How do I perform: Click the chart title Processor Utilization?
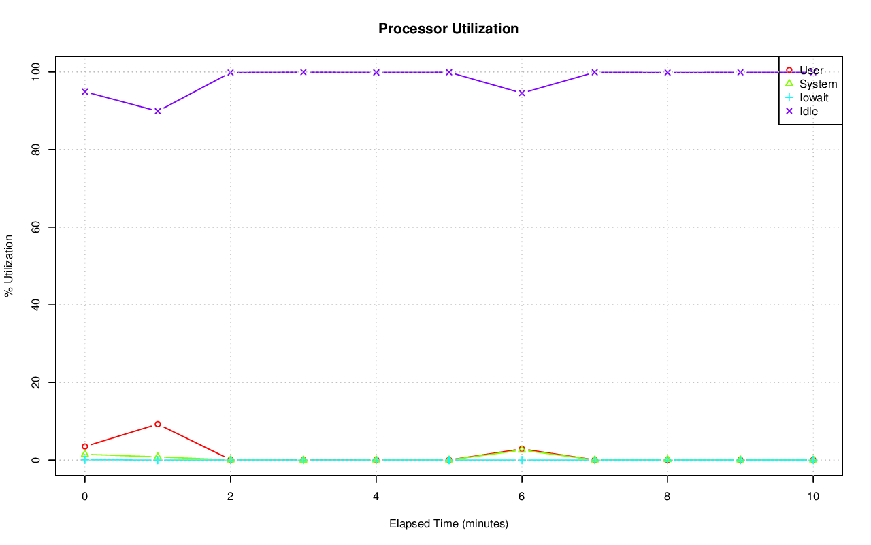click(448, 29)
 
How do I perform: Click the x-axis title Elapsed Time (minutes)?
click(448, 524)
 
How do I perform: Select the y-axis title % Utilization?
click(10, 265)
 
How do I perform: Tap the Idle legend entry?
click(808, 111)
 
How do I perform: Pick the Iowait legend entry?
click(814, 97)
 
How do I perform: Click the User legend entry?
click(811, 70)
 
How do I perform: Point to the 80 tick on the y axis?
click(32, 149)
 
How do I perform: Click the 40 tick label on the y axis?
click(32, 304)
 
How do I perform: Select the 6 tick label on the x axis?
click(522, 497)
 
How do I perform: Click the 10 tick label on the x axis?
click(813, 497)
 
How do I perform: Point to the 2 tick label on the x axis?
click(231, 497)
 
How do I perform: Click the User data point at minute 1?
click(158, 424)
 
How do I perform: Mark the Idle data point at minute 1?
click(158, 111)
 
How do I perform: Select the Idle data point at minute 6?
click(522, 93)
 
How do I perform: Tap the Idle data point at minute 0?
click(85, 91)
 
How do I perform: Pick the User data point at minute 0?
click(85, 446)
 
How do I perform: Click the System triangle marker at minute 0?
click(85, 454)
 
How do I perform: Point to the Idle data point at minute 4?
click(376, 72)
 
